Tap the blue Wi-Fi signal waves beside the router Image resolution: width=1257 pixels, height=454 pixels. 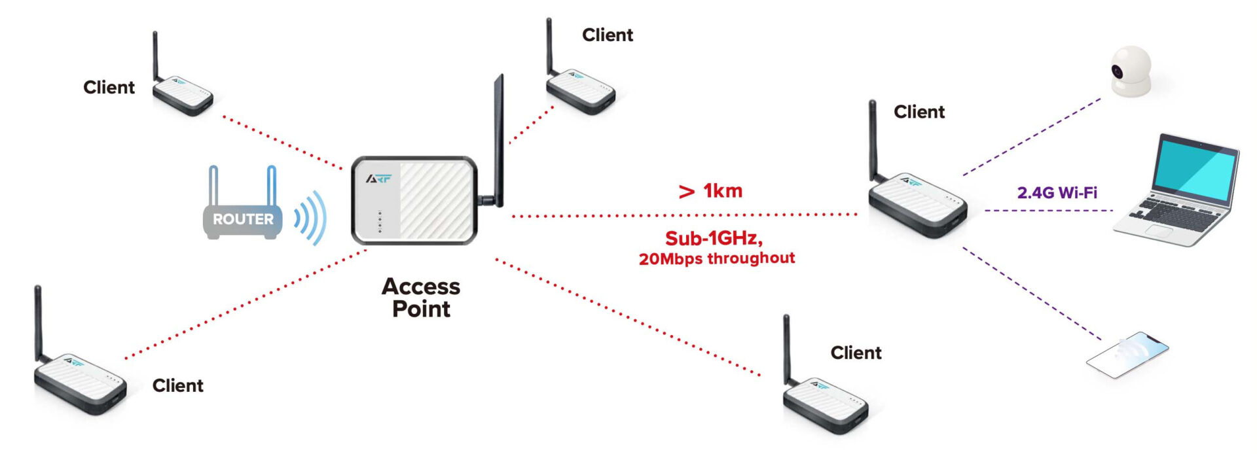[310, 217]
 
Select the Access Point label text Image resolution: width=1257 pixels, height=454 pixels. [421, 298]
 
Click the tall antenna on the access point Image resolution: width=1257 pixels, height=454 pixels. [499, 137]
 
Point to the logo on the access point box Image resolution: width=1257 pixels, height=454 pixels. [379, 178]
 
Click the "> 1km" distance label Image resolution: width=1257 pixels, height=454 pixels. [710, 191]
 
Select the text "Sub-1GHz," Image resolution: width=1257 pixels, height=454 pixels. [714, 238]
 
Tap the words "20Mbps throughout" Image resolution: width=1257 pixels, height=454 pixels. [717, 258]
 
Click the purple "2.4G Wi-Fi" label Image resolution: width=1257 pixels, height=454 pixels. [1057, 192]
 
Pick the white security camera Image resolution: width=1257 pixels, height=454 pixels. [1131, 72]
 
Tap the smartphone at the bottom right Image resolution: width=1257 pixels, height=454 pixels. [1127, 355]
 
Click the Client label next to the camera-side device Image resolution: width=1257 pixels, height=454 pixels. [919, 112]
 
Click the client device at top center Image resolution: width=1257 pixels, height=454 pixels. [580, 92]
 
